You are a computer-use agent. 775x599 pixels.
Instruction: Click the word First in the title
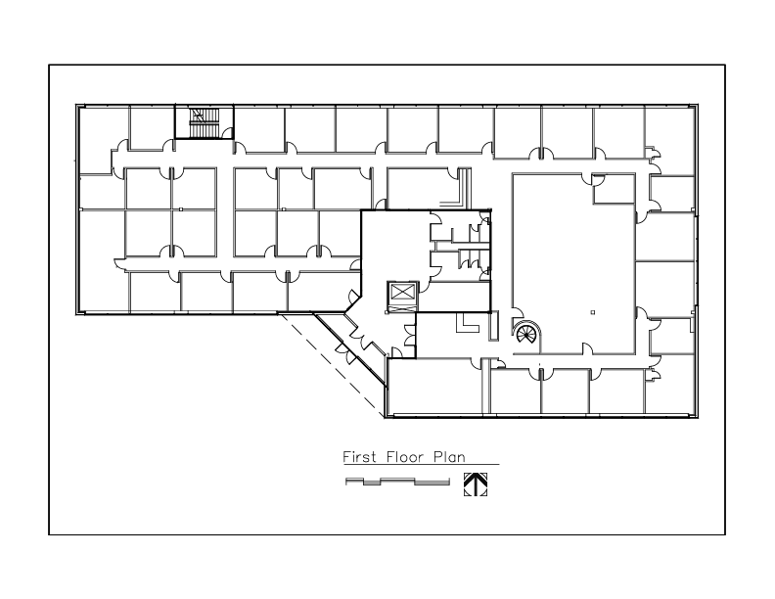click(359, 456)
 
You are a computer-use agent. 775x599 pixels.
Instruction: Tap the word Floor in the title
click(405, 456)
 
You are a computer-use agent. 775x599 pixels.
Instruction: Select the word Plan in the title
click(449, 456)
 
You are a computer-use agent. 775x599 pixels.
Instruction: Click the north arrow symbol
click(476, 484)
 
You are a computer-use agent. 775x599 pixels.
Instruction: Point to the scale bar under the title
click(397, 482)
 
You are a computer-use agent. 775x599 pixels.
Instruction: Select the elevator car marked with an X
click(403, 292)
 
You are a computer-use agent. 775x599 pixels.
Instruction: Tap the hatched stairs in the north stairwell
click(205, 122)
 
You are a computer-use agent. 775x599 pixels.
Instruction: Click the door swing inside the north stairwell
click(228, 132)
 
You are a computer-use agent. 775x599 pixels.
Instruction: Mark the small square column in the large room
click(593, 312)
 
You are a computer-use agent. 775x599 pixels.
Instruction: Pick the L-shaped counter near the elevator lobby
click(468, 323)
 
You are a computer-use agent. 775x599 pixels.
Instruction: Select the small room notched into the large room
click(614, 188)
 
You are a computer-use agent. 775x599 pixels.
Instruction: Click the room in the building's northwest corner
click(104, 139)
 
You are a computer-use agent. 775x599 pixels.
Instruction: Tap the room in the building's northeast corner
click(669, 141)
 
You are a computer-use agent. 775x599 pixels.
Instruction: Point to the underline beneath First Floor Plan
click(421, 465)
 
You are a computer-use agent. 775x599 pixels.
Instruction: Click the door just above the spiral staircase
click(517, 313)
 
